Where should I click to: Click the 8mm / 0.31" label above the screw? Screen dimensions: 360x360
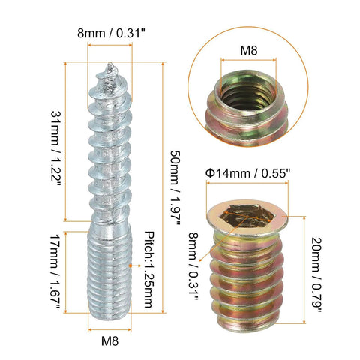coord(114,32)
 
